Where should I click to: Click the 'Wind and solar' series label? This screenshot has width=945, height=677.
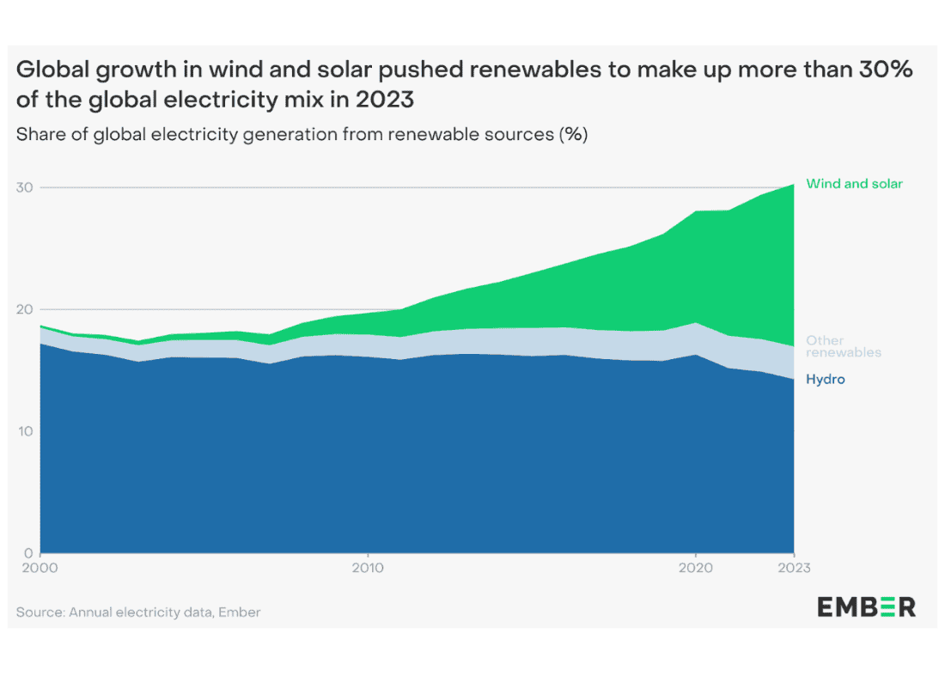click(854, 184)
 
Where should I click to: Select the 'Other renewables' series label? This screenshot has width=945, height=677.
click(843, 346)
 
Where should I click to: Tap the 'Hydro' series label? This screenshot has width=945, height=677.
click(825, 379)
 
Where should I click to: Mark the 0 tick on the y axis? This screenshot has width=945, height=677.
click(28, 552)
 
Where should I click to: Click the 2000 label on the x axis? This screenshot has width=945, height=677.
click(40, 568)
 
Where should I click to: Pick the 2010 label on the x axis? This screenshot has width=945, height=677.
click(368, 568)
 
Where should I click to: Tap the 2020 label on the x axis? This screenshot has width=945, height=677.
click(695, 568)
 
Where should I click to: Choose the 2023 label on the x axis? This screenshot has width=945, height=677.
click(793, 568)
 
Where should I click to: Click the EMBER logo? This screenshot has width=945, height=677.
click(866, 607)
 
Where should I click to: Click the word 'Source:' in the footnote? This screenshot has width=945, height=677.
click(40, 613)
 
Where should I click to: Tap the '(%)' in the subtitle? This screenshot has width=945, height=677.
click(573, 135)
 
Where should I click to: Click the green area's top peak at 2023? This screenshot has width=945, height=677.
click(792, 184)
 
